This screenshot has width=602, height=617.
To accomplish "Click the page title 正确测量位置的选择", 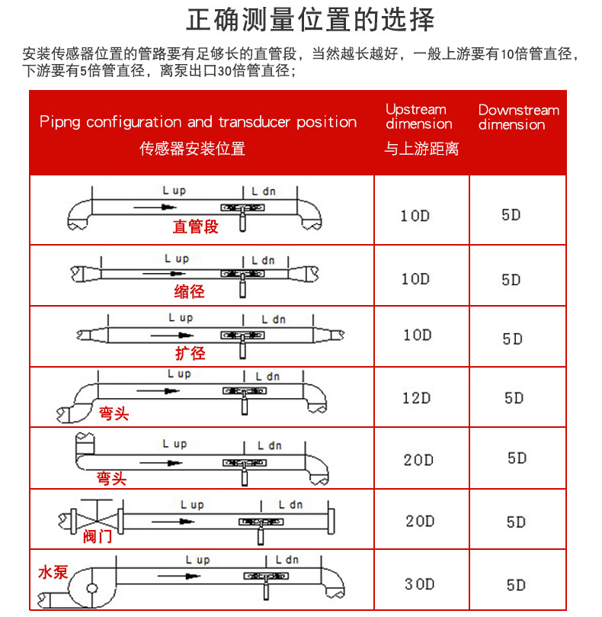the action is [310, 20].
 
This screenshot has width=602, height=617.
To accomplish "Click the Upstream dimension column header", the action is [419, 117].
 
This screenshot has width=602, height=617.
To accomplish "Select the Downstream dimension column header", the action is [519, 117].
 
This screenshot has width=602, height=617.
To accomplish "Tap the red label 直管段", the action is [195, 227].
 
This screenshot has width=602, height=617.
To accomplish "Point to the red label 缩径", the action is [189, 291].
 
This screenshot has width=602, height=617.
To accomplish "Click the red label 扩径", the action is [191, 353].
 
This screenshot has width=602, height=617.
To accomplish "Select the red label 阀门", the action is [98, 536].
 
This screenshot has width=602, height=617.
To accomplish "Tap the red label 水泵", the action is [53, 572].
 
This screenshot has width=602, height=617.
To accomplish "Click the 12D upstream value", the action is [416, 398].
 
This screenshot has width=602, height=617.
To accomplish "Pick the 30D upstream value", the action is [420, 584].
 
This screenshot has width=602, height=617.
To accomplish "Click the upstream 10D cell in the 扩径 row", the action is [418, 336].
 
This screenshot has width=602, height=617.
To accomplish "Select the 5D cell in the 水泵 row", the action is [516, 585].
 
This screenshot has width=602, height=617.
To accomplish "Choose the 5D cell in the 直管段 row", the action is [511, 215].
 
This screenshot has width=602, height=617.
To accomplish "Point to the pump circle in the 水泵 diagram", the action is [92, 589].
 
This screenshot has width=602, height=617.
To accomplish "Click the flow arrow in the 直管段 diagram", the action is [155, 207].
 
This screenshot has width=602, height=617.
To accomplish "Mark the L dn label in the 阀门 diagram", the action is [290, 505].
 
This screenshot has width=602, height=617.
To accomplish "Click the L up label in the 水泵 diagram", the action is [198, 560].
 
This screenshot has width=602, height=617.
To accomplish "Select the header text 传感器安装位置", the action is [192, 149].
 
